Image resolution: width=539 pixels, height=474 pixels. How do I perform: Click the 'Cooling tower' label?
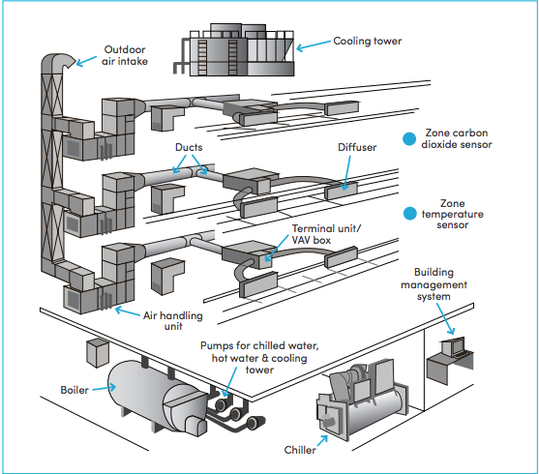[x=368, y=42]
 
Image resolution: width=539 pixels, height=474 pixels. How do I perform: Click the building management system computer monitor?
[x=451, y=345]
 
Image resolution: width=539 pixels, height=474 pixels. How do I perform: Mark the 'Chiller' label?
[x=300, y=450]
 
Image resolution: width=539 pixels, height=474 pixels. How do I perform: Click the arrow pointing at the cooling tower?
[x=311, y=44]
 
